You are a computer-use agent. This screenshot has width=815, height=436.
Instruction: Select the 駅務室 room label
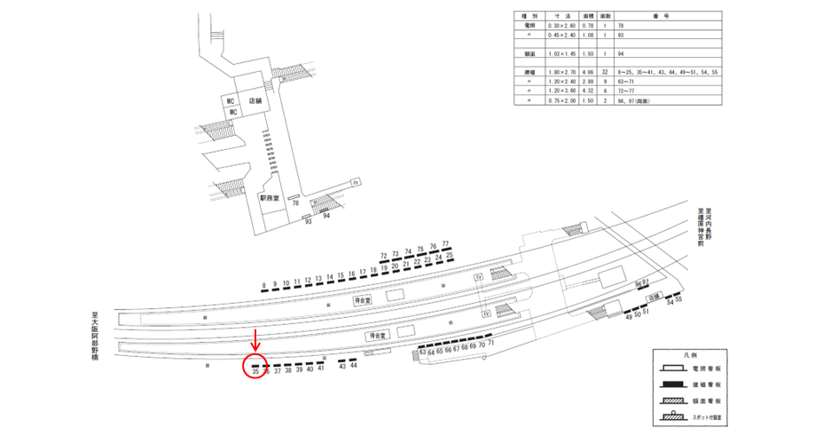(270, 199)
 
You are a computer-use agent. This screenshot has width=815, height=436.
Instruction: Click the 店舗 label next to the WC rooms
(256, 102)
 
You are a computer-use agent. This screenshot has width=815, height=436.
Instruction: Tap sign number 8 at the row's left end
(263, 286)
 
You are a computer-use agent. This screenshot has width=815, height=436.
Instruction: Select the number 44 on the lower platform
(354, 365)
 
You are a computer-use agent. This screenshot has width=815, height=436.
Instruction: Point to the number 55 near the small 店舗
(679, 300)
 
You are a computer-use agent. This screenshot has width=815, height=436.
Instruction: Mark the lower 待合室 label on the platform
(376, 337)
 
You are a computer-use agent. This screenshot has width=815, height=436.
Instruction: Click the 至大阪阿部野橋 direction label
(93, 336)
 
